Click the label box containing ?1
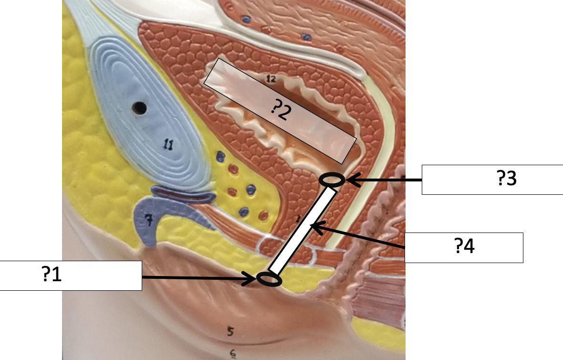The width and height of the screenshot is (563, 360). point(71,275)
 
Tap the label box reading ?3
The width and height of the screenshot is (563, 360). point(492,180)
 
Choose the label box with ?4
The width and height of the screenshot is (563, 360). point(464,247)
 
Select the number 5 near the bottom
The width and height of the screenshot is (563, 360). point(230,331)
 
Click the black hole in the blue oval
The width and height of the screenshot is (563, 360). point(140,108)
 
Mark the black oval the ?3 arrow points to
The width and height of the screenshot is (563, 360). point(332,180)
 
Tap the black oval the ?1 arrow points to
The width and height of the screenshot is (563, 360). point(269,279)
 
